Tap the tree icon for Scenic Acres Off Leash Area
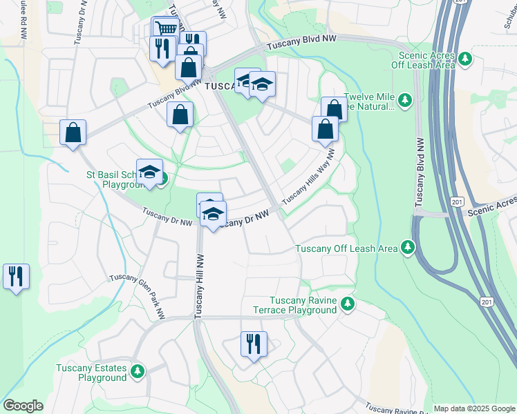[467, 59]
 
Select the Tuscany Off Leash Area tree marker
[408, 247]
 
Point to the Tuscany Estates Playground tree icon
[138, 372]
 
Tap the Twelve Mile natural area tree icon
[404, 101]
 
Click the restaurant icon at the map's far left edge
[15, 276]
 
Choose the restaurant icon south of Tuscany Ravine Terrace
[253, 344]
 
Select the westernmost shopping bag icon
[73, 132]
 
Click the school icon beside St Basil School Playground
[149, 172]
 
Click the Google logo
[23, 406]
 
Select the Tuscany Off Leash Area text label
[346, 248]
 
